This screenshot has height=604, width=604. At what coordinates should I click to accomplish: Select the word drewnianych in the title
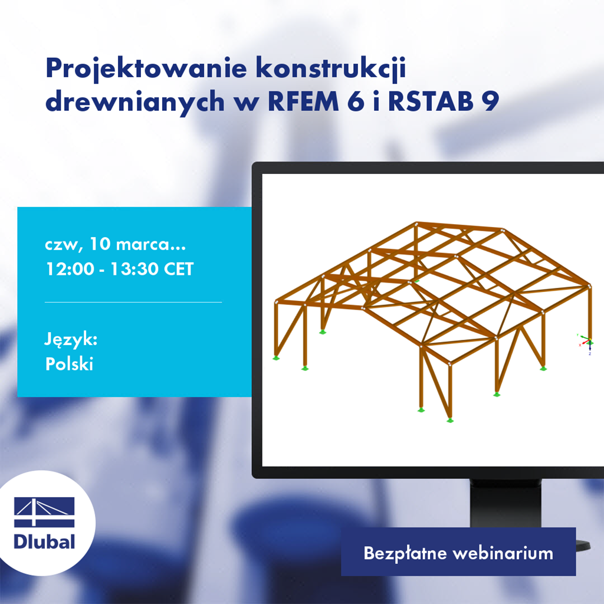pos(134,101)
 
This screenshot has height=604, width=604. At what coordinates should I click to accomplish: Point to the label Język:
pos(71,340)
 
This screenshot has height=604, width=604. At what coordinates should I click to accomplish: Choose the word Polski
pos(69,364)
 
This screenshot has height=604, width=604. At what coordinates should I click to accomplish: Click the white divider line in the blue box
pos(133,302)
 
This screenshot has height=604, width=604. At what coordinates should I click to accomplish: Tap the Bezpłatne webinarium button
pos(458,553)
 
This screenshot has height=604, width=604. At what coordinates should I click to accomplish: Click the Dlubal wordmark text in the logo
pos(44,541)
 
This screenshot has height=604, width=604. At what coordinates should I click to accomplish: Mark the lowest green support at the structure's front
pos(450,421)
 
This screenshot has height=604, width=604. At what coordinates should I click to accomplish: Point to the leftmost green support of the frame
pos(275,357)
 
